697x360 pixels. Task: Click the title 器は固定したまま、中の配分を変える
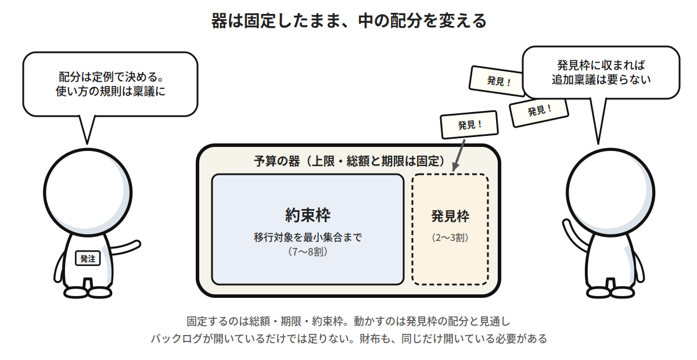point(348,21)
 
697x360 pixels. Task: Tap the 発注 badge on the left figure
point(88,258)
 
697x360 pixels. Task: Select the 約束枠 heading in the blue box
point(308,215)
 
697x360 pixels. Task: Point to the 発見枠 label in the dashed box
point(450,216)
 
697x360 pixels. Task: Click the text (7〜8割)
point(308,252)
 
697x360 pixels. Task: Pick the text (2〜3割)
point(450,237)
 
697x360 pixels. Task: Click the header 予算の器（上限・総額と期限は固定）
point(349,161)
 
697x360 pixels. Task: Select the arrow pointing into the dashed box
point(459,155)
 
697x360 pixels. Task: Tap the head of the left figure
point(88,193)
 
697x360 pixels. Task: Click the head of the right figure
point(610,193)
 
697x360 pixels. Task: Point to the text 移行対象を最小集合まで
point(308,237)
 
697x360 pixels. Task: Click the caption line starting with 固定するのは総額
point(348,321)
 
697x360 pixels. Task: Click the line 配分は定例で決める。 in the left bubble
point(111,77)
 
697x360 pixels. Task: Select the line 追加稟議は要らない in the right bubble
point(601,80)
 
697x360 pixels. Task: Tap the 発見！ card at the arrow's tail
point(469,125)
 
